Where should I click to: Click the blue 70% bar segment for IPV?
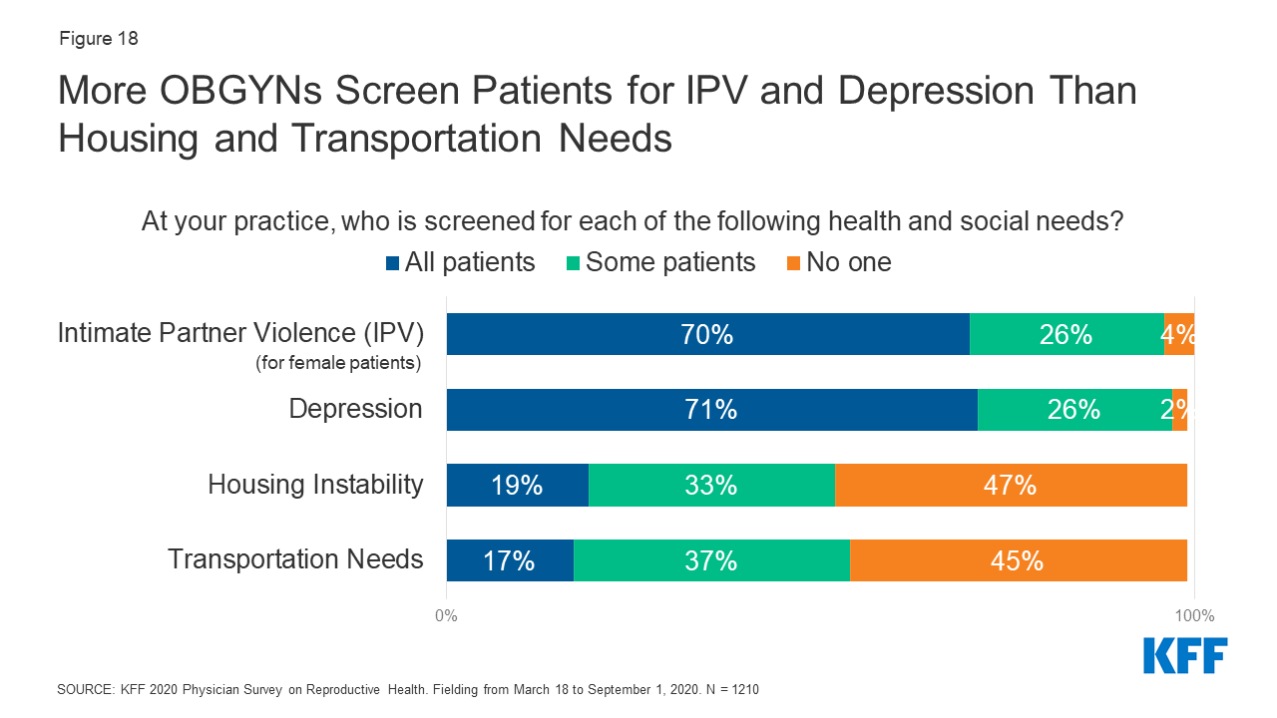pos(707,334)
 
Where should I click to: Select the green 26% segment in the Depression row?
pos(1074,409)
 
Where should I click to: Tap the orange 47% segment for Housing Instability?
pos(1011,485)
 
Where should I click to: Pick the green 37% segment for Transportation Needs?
pos(711,559)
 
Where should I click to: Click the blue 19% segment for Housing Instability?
pos(517,485)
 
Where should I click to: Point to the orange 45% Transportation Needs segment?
pos(1018,559)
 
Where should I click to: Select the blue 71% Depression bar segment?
pos(711,409)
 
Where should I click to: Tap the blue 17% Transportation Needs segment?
pos(510,559)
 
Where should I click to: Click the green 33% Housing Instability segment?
pos(711,485)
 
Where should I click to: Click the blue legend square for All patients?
pos(393,263)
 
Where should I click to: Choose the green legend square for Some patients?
pos(574,263)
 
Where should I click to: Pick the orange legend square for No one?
pos(794,263)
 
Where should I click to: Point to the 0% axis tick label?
pos(446,615)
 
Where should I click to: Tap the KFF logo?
pos(1185,655)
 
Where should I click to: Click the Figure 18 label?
pos(98,40)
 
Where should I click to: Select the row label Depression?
pos(355,409)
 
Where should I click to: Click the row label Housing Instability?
pos(315,485)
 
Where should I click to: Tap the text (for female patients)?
pos(339,363)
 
